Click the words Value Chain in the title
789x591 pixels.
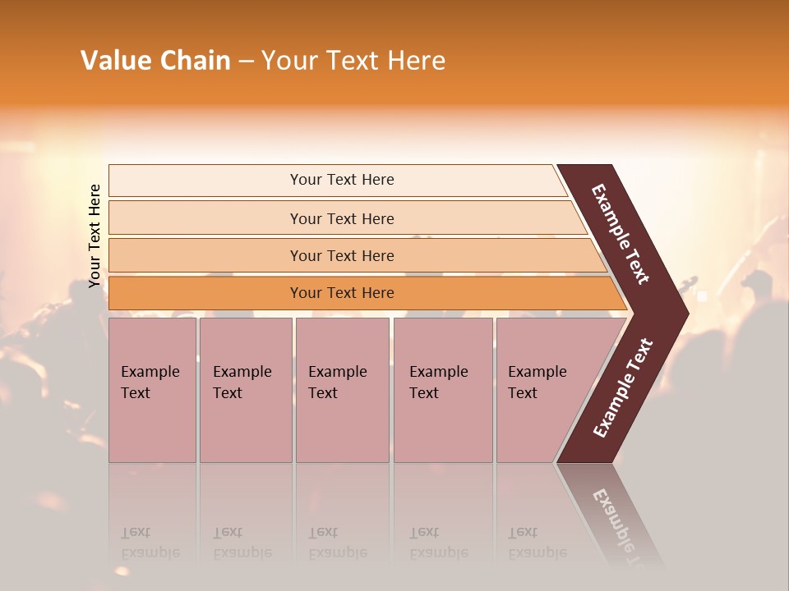click(155, 61)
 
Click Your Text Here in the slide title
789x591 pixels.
click(353, 61)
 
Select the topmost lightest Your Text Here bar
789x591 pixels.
click(342, 180)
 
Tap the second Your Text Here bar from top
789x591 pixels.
click(342, 218)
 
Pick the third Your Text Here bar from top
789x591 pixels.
click(342, 255)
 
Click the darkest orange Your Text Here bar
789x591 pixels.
click(342, 293)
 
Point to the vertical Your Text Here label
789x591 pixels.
click(95, 236)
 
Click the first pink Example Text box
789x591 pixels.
click(152, 389)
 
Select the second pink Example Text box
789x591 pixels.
click(245, 389)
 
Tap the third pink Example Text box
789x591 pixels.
click(341, 389)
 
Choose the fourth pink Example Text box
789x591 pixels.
click(442, 389)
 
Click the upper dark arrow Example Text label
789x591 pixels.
click(621, 234)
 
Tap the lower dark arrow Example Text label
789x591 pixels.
click(623, 388)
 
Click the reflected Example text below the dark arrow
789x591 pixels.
click(620, 525)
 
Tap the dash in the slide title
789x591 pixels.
click(246, 62)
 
